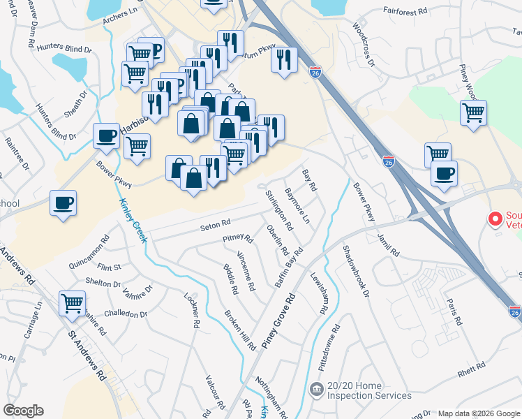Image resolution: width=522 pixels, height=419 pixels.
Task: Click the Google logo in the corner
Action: pos(23,411)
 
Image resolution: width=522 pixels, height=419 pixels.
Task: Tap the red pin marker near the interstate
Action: pos(496,219)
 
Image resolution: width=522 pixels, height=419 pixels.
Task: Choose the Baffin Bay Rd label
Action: pos(288,267)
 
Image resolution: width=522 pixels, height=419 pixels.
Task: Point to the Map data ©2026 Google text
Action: pos(478,413)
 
